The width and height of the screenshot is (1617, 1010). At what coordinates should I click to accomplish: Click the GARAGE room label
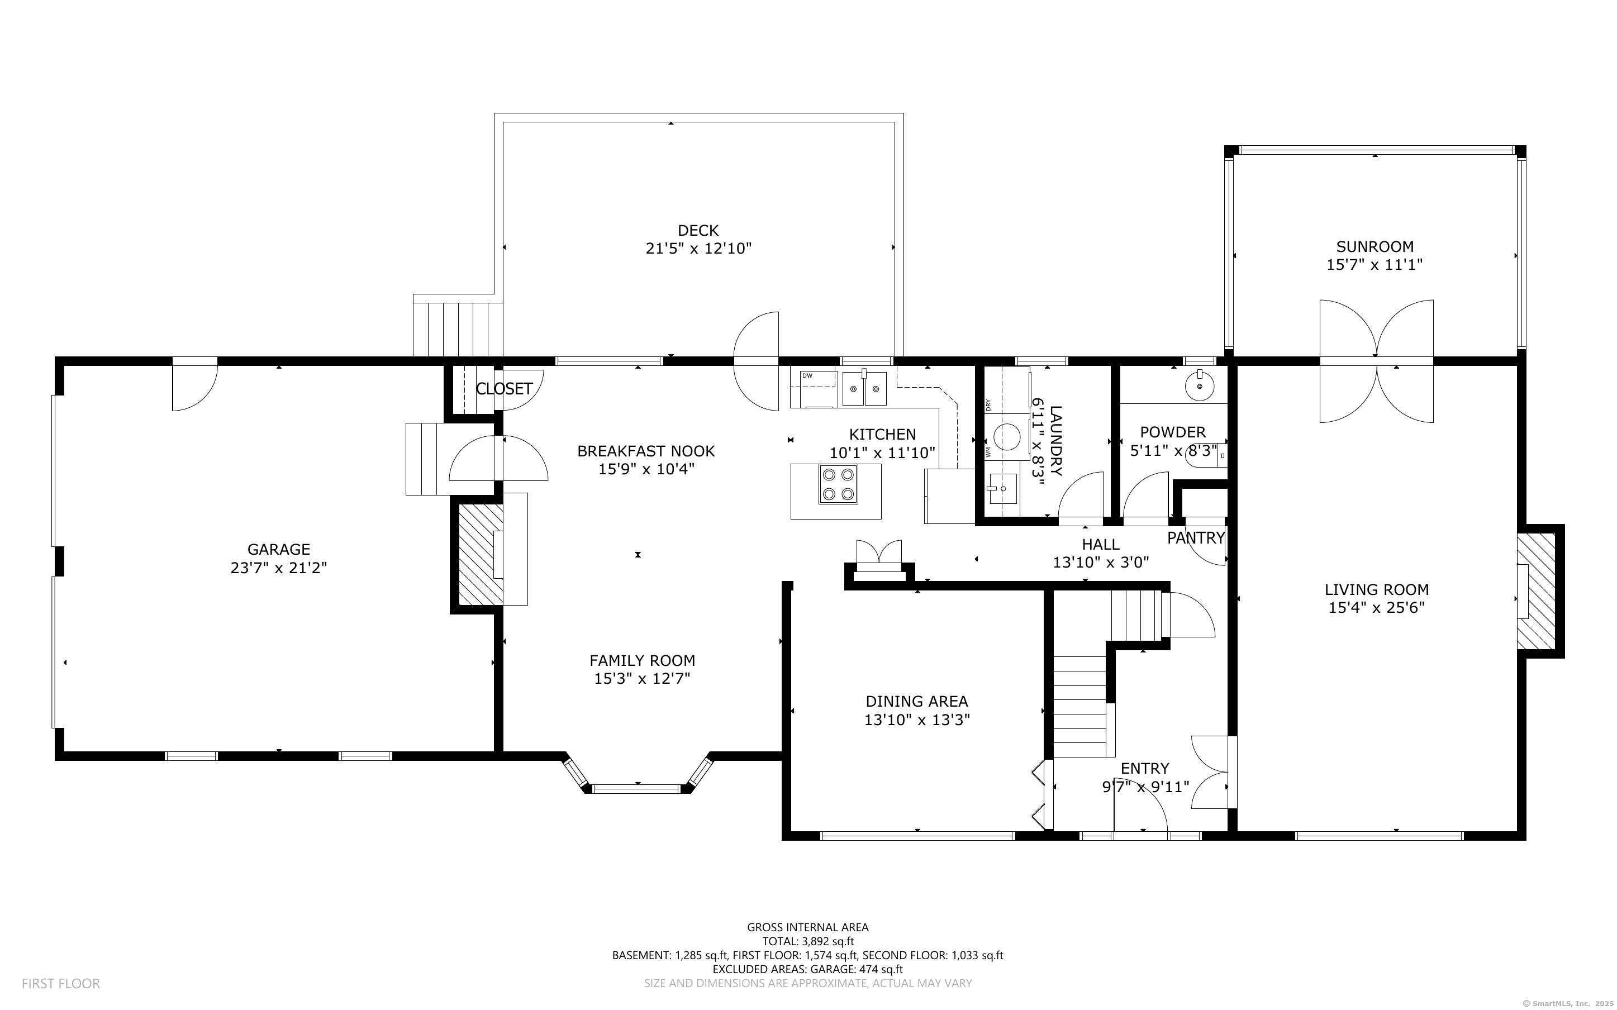point(278,549)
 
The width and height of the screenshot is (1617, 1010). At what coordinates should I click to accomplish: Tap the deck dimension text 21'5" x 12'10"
point(698,249)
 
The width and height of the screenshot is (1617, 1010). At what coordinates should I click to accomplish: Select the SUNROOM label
point(1375,246)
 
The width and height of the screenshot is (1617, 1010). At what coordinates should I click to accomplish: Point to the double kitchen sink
point(864,388)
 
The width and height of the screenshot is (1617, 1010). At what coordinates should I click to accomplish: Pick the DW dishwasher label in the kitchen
point(807,376)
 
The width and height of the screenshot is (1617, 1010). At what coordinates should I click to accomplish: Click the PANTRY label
point(1196,538)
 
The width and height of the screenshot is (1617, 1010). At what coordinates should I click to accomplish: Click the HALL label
point(1100,545)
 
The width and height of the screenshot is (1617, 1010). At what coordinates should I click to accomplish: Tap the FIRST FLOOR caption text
point(61,983)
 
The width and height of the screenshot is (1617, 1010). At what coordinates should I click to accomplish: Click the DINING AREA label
point(916,702)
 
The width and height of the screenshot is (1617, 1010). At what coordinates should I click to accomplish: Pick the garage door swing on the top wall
point(194,386)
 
